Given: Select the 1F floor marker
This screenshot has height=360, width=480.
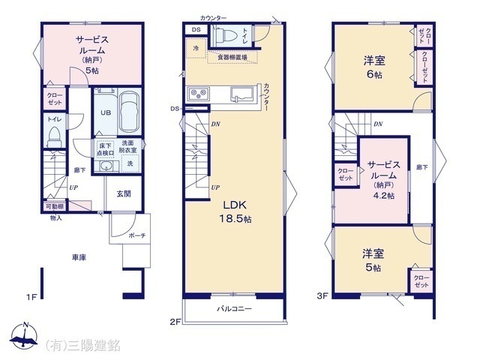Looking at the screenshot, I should [32, 297].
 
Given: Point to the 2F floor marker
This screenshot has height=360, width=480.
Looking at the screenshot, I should [175, 322].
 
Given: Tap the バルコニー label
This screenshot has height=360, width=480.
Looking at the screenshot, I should [235, 309].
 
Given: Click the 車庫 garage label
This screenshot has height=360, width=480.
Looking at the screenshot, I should [79, 258].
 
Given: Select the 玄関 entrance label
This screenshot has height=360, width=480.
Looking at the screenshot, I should [124, 193].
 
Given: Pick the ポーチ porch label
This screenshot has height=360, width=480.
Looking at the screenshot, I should [136, 235].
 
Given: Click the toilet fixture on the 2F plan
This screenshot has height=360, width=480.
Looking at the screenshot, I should [226, 34].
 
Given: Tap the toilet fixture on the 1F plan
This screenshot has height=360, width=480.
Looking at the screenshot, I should [54, 136].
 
